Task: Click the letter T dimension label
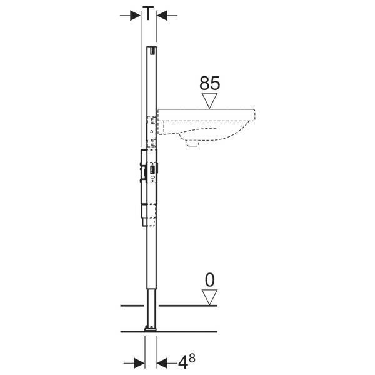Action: (148, 13)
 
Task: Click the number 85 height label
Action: (210, 83)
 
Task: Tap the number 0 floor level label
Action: (210, 280)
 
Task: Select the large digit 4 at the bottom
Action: (182, 364)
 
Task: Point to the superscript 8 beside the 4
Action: (192, 359)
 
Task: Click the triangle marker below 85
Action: (210, 101)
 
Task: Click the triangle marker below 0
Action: (210, 297)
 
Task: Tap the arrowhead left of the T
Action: (135, 16)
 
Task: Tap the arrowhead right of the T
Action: (162, 16)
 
